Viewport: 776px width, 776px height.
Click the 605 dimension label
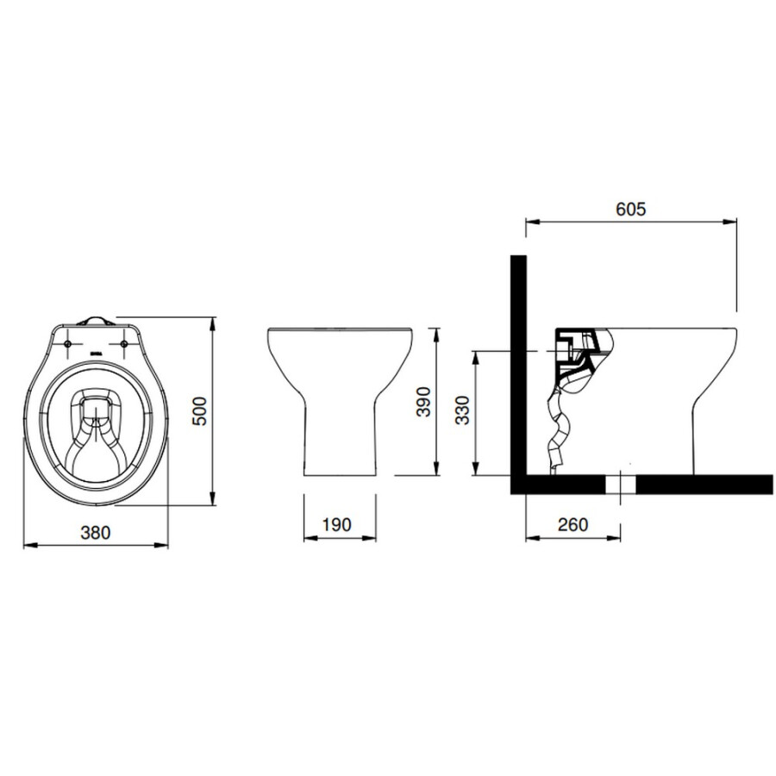click(630, 209)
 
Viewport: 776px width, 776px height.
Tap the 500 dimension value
click(200, 410)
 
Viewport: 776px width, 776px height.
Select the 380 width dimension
click(96, 533)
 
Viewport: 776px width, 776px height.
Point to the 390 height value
click(423, 402)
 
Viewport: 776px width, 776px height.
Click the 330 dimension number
click(462, 410)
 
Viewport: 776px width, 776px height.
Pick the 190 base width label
click(336, 524)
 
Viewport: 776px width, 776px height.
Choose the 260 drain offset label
click(573, 524)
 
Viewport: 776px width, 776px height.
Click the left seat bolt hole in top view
click(68, 343)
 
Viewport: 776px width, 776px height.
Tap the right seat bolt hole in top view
click(124, 343)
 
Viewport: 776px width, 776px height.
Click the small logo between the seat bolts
click(96, 354)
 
